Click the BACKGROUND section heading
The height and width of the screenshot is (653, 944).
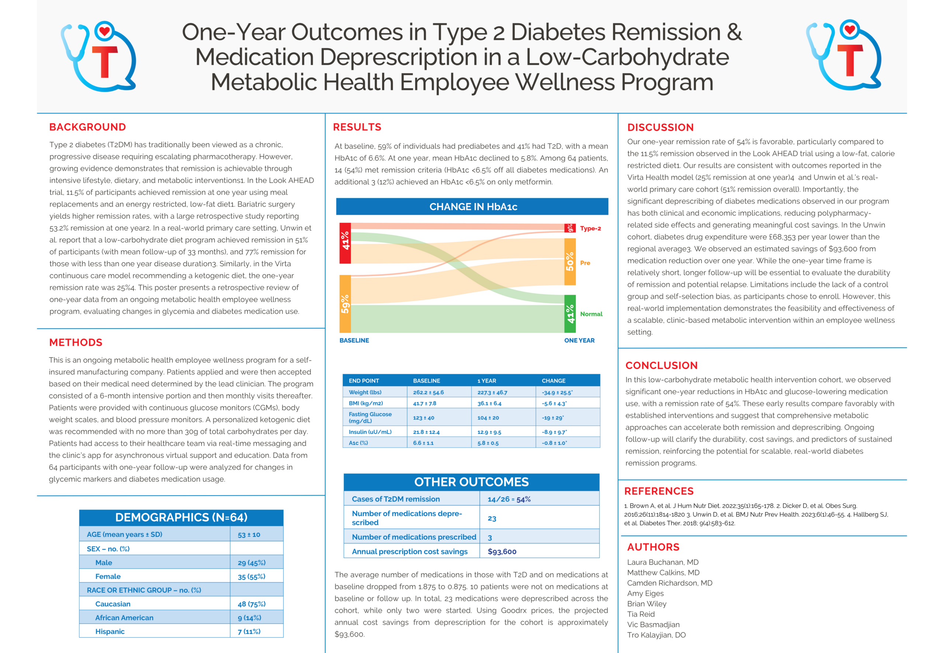[87, 127]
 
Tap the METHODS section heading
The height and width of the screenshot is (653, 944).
[76, 343]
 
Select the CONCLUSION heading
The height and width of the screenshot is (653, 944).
[661, 365]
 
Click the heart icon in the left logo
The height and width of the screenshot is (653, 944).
[105, 31]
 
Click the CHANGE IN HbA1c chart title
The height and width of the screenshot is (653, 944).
[473, 207]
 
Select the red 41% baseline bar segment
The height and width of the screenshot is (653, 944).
[345, 243]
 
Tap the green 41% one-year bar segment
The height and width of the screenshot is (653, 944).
[570, 314]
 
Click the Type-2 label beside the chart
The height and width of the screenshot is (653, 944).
[590, 228]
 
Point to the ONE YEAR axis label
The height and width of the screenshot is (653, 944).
[579, 340]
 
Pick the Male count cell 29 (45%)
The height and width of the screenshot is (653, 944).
[251, 563]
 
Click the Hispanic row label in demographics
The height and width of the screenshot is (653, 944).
[110, 631]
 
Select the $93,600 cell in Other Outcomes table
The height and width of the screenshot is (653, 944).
[502, 551]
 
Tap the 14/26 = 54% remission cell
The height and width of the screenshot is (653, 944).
[509, 499]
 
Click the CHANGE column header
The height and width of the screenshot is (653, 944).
[553, 381]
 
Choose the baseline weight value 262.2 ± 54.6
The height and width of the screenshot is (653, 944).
[428, 392]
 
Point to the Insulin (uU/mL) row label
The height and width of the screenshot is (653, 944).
[370, 432]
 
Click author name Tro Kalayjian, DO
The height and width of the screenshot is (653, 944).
[656, 635]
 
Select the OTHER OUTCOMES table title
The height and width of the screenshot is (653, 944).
[471, 482]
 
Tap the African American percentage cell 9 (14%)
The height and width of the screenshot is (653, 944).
[249, 618]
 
